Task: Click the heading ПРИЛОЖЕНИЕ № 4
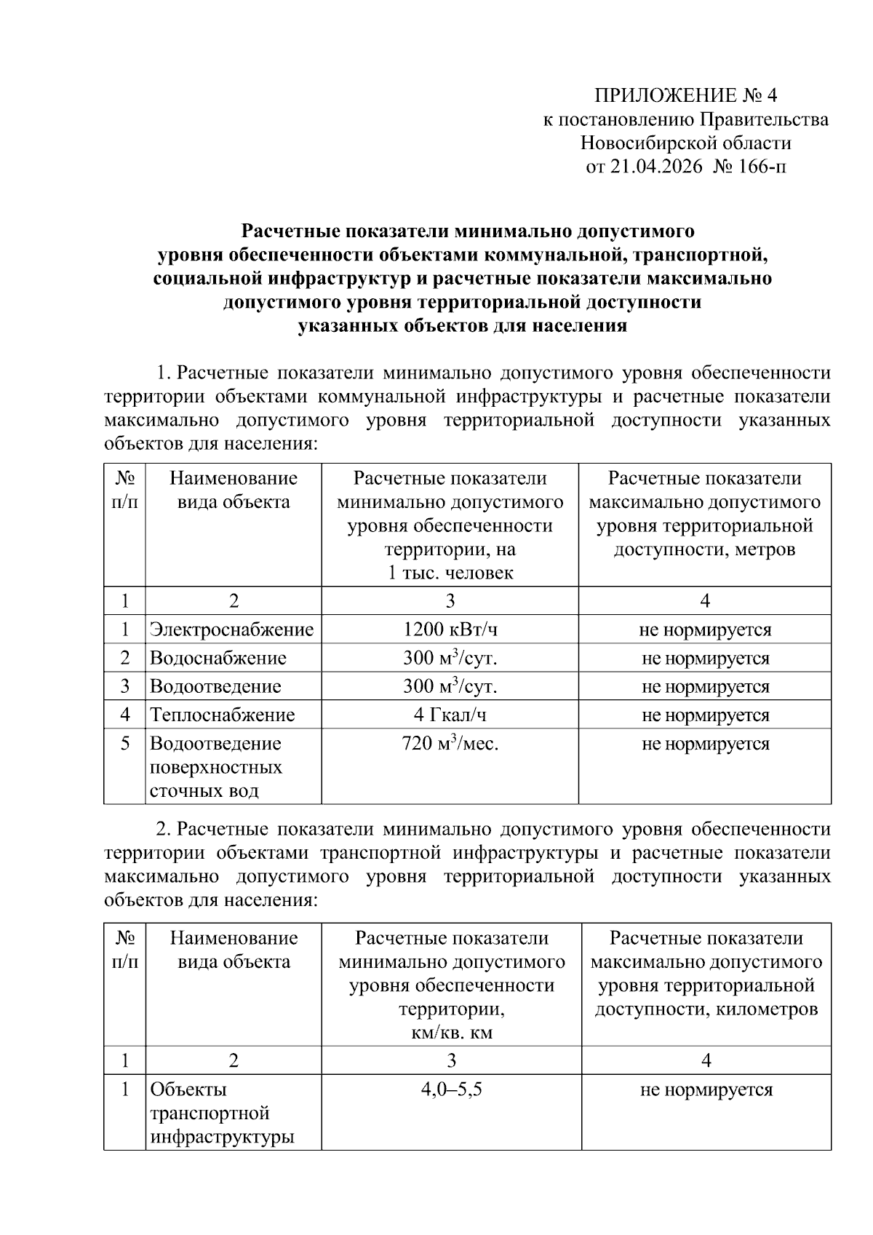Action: tap(686, 96)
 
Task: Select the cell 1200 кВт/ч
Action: tap(450, 630)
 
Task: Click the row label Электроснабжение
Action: tap(231, 630)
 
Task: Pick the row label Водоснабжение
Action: tap(218, 658)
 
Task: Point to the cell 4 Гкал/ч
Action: tap(450, 715)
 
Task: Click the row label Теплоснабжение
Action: tap(222, 715)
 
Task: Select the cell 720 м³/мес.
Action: tap(450, 744)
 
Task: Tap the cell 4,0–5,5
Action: tap(451, 1089)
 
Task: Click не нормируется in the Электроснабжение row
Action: tap(704, 630)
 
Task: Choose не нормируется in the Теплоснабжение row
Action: tap(704, 715)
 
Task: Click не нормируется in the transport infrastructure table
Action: tap(706, 1089)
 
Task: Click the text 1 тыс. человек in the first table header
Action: tap(450, 573)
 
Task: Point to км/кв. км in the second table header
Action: tap(451, 1033)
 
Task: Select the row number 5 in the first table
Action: tap(125, 744)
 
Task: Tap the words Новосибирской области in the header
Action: tap(686, 143)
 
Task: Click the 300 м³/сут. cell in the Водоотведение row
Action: tap(450, 686)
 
